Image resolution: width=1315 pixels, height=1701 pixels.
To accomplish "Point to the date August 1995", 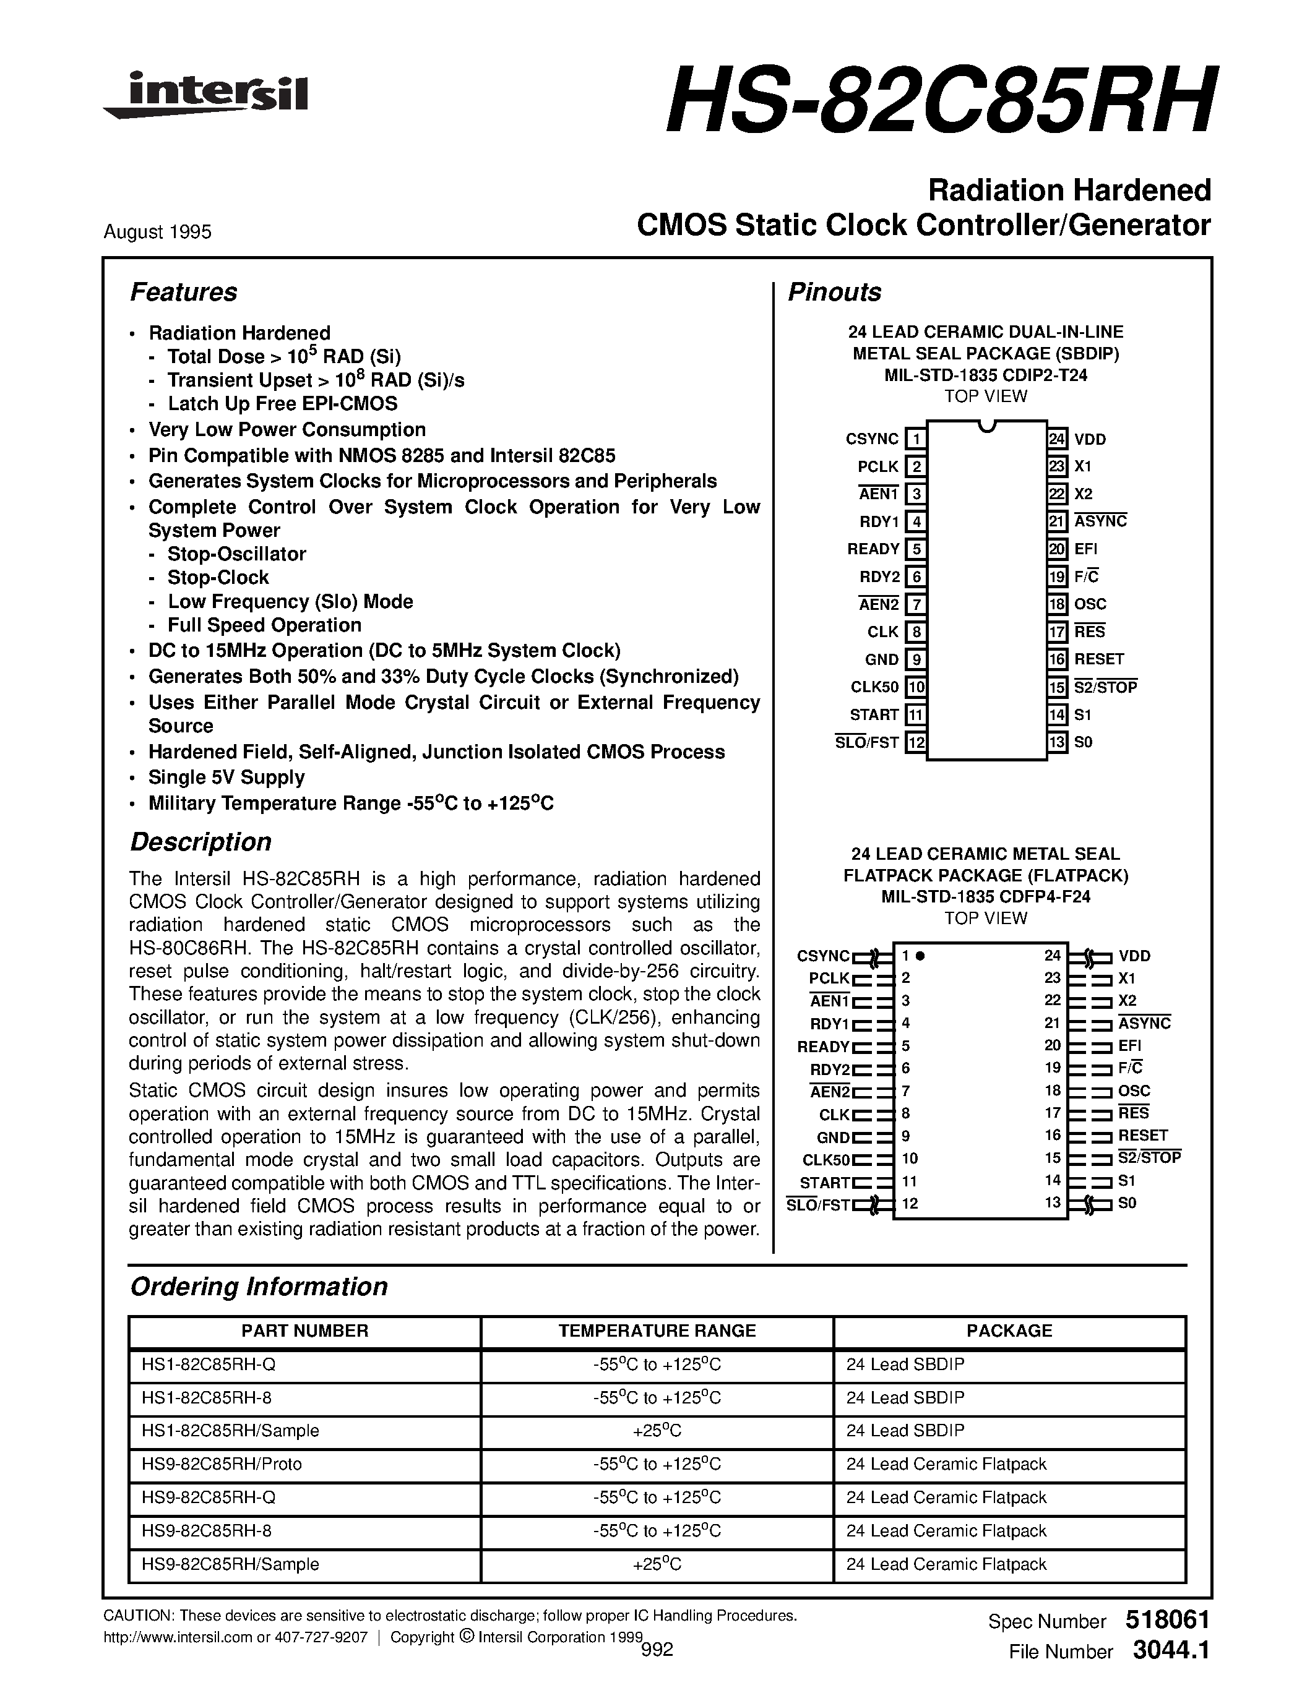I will pyautogui.click(x=157, y=232).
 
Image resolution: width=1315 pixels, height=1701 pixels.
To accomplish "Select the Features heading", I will pyautogui.click(x=183, y=292).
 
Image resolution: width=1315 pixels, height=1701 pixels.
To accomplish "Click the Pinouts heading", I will pyautogui.click(x=834, y=292).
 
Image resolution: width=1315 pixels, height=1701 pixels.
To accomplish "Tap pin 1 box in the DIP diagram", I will pyautogui.click(x=916, y=439).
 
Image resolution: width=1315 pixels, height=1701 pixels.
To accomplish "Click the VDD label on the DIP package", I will pyautogui.click(x=1090, y=439).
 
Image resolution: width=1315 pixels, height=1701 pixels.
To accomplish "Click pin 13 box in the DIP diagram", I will pyautogui.click(x=1056, y=742).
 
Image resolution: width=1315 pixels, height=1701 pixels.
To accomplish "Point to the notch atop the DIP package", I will pyautogui.click(x=986, y=426).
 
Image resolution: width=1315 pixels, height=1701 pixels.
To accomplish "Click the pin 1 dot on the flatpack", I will pyautogui.click(x=920, y=956).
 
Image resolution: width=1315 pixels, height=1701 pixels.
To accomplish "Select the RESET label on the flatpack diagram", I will pyautogui.click(x=1143, y=1136).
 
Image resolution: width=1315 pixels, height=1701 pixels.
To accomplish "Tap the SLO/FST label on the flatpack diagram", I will pyautogui.click(x=818, y=1205).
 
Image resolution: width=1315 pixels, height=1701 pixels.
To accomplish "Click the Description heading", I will pyautogui.click(x=200, y=842).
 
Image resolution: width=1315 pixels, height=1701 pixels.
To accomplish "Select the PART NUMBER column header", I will pyautogui.click(x=304, y=1331).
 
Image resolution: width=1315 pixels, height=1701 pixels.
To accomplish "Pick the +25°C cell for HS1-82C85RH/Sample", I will pyautogui.click(x=657, y=1431).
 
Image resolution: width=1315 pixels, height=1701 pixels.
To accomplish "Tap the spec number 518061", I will pyautogui.click(x=1167, y=1620).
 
